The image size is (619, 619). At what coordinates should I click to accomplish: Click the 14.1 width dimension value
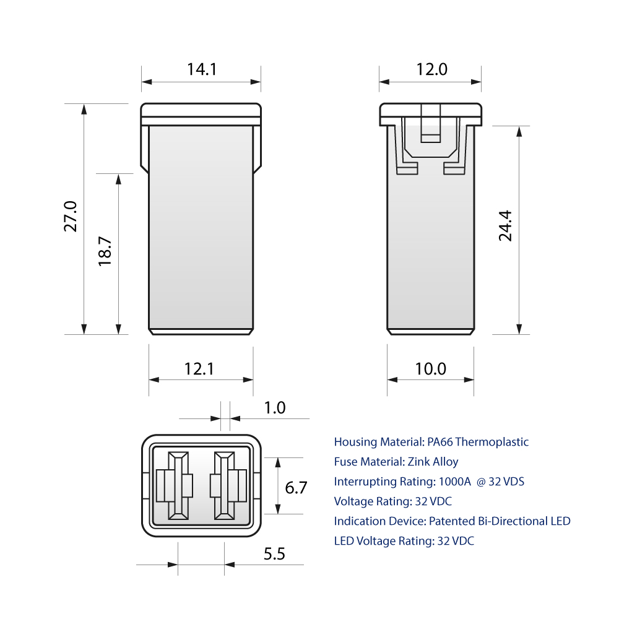tap(202, 69)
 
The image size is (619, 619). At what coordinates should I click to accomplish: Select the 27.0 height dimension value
tap(71, 217)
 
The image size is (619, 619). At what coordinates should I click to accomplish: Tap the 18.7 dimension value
tap(105, 251)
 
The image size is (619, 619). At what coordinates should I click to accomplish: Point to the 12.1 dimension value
tap(199, 369)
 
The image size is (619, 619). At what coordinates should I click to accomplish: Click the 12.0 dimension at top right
tap(431, 69)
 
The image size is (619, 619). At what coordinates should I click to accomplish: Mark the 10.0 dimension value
tap(430, 369)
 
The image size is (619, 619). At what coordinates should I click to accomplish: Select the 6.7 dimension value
tap(296, 488)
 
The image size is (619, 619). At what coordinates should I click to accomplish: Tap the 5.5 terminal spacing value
tap(274, 554)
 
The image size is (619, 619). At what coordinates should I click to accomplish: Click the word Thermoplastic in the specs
tap(493, 442)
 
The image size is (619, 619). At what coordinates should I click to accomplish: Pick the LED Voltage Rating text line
tap(404, 541)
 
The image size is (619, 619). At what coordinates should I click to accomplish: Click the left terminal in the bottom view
tap(178, 485)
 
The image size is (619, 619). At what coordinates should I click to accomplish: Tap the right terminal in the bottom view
tap(225, 485)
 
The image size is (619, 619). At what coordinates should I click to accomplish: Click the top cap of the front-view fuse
tap(201, 111)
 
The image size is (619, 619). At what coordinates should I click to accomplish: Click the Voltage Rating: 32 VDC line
tap(392, 501)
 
